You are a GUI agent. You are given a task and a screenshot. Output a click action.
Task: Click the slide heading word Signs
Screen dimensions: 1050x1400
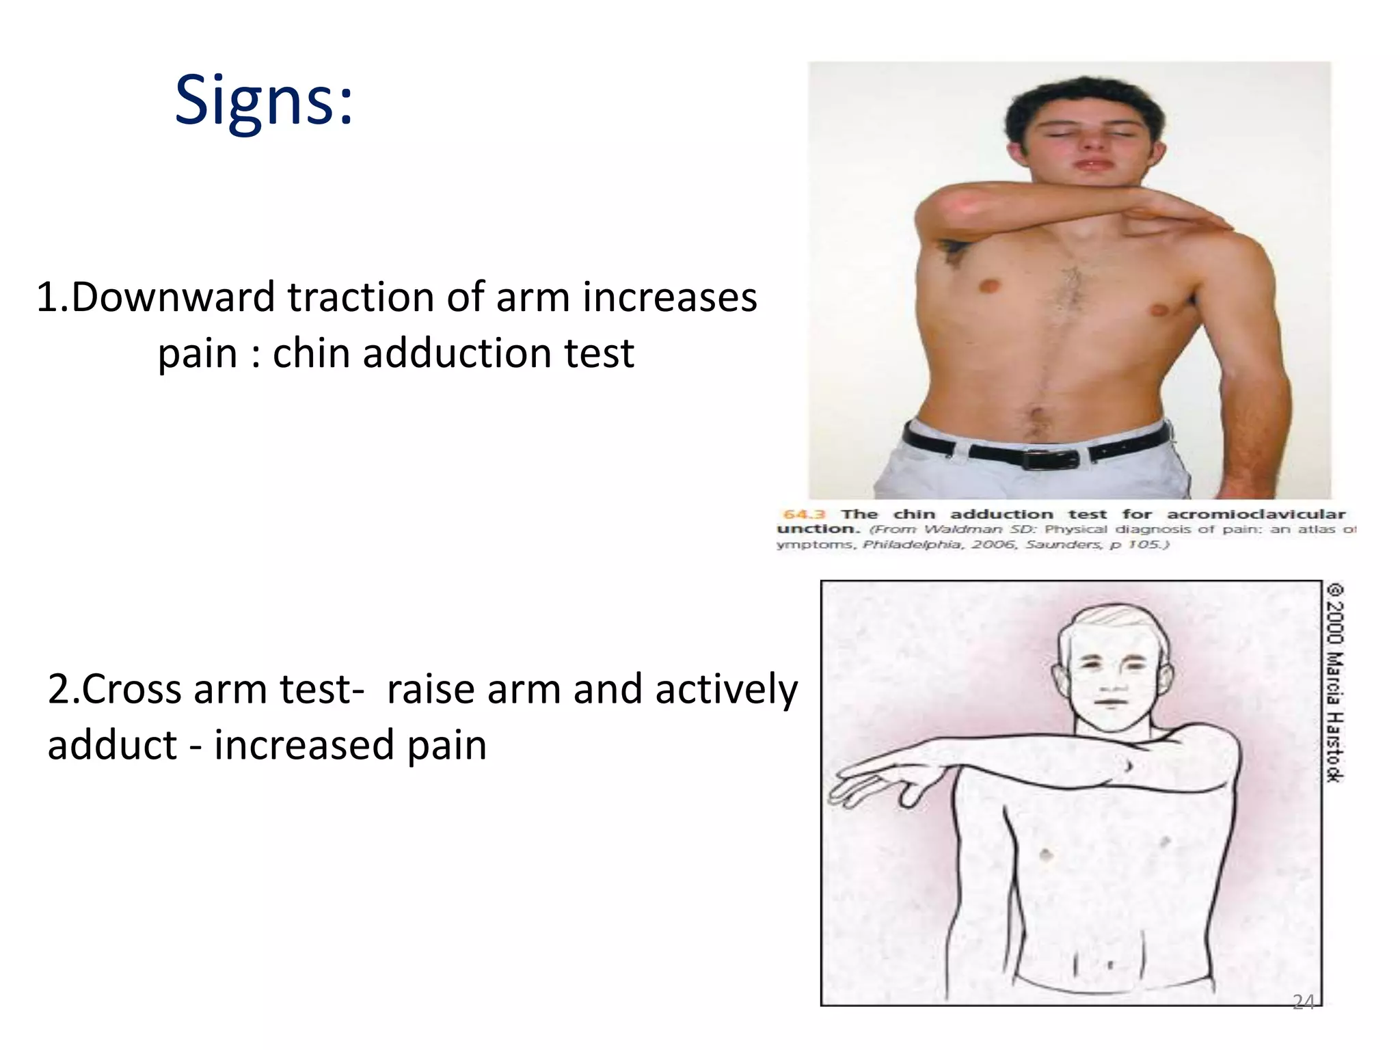[x=263, y=101]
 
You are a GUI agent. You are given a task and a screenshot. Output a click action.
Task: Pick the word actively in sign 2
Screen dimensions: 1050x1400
[x=726, y=689]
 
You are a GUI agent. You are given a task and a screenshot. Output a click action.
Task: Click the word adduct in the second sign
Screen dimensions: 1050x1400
[x=112, y=745]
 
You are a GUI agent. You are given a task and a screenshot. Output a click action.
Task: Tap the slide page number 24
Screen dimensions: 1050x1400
[x=1303, y=1002]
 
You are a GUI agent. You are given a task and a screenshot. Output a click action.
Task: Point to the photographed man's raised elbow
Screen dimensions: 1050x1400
[x=940, y=208]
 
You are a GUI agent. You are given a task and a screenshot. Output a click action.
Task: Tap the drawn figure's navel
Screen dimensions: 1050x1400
[x=1109, y=965]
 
